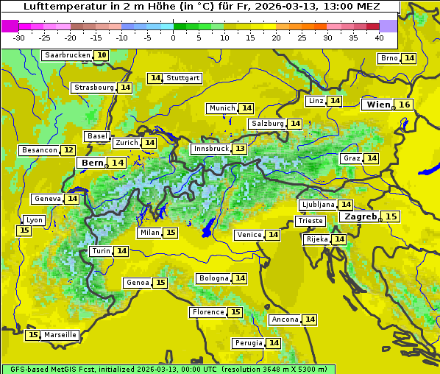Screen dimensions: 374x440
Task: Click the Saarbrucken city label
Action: [67, 55]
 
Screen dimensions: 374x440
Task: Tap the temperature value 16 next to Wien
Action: [404, 105]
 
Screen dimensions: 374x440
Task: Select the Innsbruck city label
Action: [210, 149]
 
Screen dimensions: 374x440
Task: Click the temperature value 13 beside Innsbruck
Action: [240, 149]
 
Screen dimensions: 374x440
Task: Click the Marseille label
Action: [60, 335]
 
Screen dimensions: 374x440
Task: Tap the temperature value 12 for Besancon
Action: [68, 150]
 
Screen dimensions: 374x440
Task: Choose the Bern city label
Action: [93, 163]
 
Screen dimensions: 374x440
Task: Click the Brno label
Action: [388, 58]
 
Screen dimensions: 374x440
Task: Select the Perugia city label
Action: [248, 343]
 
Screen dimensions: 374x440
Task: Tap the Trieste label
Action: [309, 221]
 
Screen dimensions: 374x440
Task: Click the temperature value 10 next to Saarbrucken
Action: [102, 55]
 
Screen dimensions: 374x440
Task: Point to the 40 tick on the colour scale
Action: [379, 38]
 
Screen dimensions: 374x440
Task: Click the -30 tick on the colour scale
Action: [19, 38]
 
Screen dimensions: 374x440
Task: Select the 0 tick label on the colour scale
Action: [173, 38]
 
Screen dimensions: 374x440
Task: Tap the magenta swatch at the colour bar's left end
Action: [10, 26]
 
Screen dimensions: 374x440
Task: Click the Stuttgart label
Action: [183, 78]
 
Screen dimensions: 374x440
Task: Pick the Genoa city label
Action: [138, 283]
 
